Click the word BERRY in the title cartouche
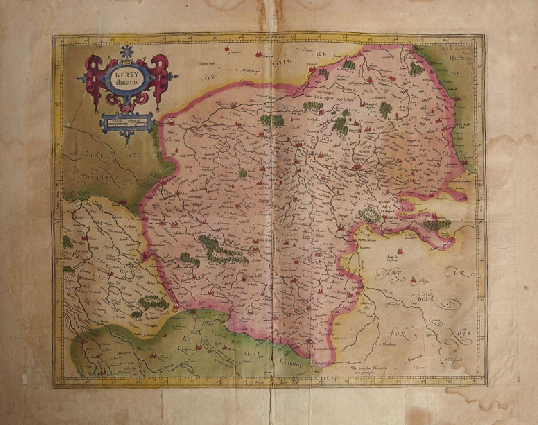coord(126,76)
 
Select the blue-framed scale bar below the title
coord(127,122)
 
